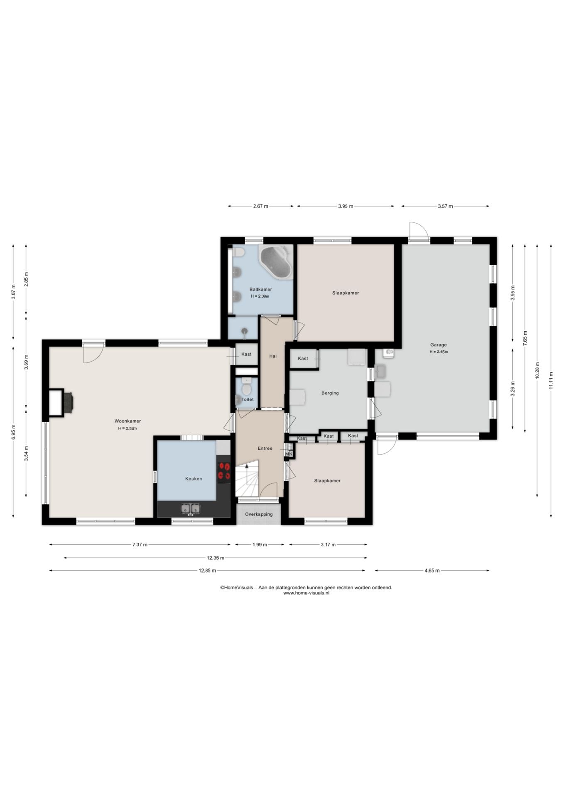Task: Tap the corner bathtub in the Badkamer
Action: click(x=275, y=262)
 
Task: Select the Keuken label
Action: click(x=194, y=479)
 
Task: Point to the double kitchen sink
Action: click(x=191, y=508)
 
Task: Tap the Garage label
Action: click(x=438, y=345)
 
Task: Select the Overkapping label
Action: click(x=259, y=514)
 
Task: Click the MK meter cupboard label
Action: click(x=289, y=454)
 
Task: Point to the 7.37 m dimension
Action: click(x=140, y=544)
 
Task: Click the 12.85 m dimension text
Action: click(x=207, y=571)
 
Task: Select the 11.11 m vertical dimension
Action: click(x=551, y=380)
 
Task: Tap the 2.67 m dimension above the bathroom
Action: click(x=260, y=206)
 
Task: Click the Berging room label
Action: click(x=330, y=393)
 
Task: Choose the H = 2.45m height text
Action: click(x=439, y=352)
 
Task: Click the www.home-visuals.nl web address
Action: click(x=306, y=593)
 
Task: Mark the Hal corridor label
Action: click(x=273, y=356)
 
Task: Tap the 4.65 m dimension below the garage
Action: click(x=432, y=571)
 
